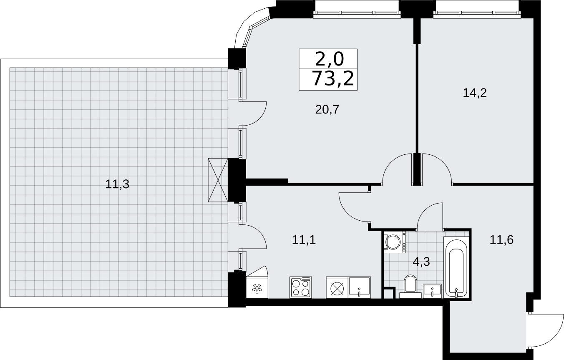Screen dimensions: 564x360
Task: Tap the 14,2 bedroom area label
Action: [475, 93]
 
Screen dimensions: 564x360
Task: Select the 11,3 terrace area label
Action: [117, 184]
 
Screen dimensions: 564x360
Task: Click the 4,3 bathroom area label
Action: [421, 262]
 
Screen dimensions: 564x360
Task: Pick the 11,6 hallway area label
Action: [501, 240]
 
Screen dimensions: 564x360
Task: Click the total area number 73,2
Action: [333, 78]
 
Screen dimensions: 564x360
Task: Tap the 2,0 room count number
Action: [329, 60]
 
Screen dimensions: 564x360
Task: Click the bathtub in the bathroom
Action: [456, 267]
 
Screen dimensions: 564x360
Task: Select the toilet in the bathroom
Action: [410, 287]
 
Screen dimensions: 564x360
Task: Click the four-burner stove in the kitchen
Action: [301, 287]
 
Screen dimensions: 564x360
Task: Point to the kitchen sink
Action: [359, 287]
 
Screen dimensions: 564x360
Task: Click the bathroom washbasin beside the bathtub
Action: [432, 291]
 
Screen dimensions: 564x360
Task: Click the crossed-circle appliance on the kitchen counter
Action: [337, 287]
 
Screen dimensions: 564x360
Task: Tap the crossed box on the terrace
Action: [218, 180]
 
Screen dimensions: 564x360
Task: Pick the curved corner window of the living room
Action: [252, 28]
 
